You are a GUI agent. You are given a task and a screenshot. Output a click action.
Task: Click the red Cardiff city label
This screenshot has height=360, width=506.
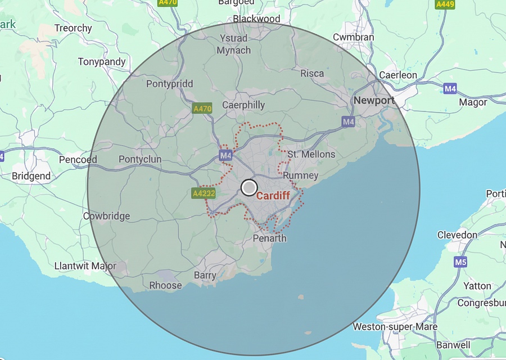pos(273,196)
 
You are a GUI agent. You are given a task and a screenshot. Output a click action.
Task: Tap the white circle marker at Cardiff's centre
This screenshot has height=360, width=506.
pos(249,187)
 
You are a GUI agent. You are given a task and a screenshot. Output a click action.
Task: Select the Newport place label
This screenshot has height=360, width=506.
pos(374,101)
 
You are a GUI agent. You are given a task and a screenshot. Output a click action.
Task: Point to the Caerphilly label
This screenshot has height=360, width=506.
pos(243,105)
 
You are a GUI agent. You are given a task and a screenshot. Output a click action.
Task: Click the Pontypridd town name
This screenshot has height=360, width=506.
pos(169,84)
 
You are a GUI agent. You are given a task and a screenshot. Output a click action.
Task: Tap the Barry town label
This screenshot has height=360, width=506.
pos(205,276)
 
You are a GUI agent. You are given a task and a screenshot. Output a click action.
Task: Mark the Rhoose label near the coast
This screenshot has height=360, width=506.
pos(165,286)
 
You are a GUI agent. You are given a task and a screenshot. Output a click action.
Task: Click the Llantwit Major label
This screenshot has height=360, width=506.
pos(85,266)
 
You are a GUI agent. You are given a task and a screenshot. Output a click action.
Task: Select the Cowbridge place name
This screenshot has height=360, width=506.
pos(106,216)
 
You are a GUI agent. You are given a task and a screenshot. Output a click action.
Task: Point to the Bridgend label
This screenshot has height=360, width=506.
pos(31,176)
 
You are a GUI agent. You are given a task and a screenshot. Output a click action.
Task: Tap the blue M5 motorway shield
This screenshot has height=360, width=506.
pos(461,262)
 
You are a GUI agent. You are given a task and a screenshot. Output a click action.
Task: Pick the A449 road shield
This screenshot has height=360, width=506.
pos(445,4)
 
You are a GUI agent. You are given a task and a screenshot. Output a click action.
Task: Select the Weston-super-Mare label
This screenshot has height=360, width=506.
pos(392,327)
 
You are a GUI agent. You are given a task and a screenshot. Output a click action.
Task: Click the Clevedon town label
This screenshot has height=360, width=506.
pos(457,235)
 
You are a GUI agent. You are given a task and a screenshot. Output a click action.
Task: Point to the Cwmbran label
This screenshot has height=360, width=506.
pos(353,37)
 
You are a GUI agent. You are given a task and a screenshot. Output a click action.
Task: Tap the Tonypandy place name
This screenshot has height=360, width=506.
pos(102,62)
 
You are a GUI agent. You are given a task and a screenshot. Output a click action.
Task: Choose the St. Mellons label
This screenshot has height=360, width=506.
pos(311,154)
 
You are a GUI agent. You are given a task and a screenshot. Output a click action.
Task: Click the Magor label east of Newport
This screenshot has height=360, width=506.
pos(473,102)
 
